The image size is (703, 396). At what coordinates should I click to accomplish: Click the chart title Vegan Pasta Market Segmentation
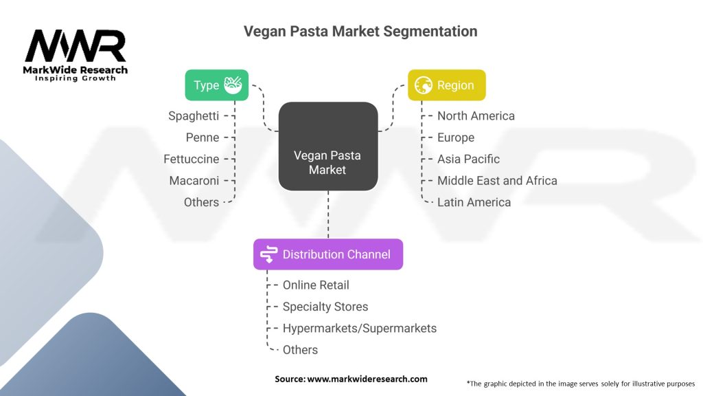point(360,32)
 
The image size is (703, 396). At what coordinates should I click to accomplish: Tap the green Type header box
point(216,85)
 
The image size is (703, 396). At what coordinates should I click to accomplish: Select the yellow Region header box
point(446,85)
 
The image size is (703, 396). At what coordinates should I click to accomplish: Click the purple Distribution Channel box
point(327,254)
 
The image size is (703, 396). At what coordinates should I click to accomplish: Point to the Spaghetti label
point(194,116)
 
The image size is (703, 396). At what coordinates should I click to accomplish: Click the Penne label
point(203,137)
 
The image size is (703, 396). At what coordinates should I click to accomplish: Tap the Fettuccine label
point(192,159)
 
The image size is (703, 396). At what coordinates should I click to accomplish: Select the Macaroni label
point(194,181)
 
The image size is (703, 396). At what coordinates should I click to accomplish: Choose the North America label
point(476,116)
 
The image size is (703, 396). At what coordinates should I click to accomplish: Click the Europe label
point(456,137)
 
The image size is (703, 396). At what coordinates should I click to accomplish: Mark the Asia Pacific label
point(468,159)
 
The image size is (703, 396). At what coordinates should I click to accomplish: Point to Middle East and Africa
point(497,181)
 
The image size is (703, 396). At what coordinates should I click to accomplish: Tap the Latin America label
point(474,202)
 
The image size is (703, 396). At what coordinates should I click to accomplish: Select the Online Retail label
point(316,285)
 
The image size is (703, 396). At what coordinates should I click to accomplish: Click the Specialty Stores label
point(325,307)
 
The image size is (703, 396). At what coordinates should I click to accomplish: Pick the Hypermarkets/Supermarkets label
point(360,329)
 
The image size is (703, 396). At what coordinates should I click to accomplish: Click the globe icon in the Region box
point(424,85)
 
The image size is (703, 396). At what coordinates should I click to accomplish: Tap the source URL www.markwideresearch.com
point(367,379)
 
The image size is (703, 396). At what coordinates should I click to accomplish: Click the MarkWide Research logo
point(76,54)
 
